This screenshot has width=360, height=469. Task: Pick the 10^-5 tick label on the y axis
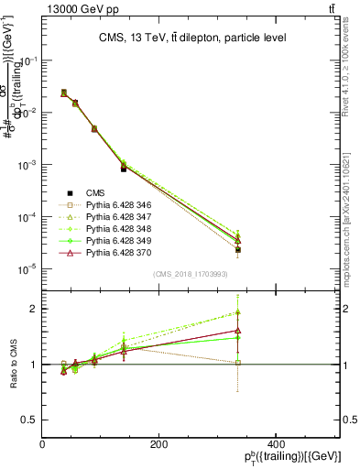coord(27,269)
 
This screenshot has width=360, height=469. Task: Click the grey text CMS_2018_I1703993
coord(191,274)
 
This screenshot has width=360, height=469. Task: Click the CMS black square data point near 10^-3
coord(124,169)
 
